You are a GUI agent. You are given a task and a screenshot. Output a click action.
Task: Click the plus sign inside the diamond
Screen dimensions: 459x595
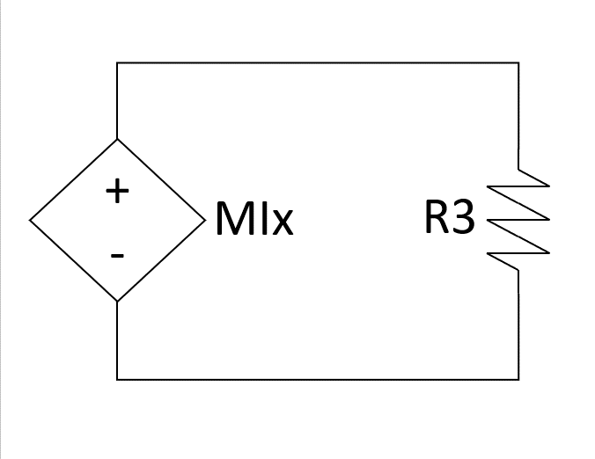click(117, 191)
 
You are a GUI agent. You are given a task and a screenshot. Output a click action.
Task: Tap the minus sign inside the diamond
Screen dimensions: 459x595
click(117, 256)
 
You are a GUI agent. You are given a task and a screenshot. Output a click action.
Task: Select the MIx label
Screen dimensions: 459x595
click(253, 220)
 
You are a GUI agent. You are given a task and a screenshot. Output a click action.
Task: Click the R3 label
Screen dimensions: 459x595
click(449, 218)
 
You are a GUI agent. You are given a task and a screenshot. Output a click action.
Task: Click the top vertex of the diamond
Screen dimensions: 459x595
click(117, 139)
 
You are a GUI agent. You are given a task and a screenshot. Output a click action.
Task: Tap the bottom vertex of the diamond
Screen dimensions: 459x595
click(117, 302)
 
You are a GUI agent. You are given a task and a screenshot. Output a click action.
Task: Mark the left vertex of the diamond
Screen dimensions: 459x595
click(30, 220)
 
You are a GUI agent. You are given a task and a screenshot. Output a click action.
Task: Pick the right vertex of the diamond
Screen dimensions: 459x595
click(204, 220)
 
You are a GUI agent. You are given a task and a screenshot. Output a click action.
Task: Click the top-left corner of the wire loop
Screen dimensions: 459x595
click(117, 63)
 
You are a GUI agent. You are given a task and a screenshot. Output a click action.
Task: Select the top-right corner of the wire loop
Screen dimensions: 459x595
click(518, 63)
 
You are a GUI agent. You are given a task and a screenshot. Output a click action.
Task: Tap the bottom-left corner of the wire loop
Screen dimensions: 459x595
click(117, 379)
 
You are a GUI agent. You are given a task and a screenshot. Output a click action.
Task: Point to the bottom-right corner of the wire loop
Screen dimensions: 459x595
click(518, 379)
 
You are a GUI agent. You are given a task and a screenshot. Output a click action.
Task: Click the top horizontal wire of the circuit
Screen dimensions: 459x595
click(317, 63)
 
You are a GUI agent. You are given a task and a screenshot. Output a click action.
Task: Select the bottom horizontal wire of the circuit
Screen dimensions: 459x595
click(317, 379)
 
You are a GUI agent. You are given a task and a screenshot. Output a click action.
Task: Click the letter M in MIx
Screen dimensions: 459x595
click(231, 220)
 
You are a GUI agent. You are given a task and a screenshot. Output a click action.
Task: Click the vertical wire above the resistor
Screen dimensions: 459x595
click(518, 114)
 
